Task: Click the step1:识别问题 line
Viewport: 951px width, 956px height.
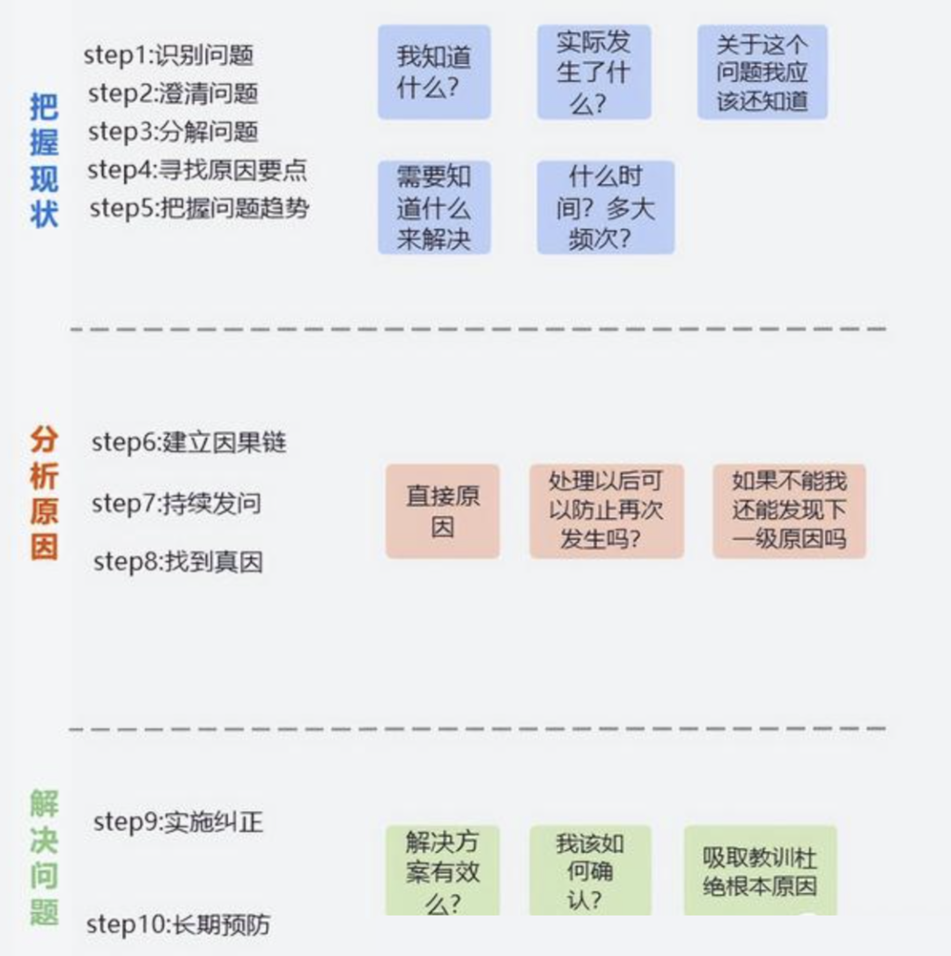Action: pos(169,55)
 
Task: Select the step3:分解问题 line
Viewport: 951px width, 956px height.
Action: pos(173,132)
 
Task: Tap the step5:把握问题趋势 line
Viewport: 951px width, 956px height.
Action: pos(200,209)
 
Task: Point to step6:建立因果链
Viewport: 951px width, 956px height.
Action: pos(189,442)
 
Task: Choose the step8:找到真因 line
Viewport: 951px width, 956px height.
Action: pos(178,562)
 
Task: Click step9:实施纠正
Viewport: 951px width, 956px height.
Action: pos(178,822)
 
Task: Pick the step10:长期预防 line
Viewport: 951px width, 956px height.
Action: pos(178,924)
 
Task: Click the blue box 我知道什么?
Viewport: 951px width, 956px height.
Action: pos(434,72)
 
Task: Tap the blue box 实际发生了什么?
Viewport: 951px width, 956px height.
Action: pos(593,72)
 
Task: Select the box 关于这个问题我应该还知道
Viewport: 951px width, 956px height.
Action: pos(762,72)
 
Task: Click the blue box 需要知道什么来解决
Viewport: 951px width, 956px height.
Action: pos(434,208)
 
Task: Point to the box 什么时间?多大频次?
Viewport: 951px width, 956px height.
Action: pos(606,208)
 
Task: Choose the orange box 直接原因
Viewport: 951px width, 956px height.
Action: pos(442,511)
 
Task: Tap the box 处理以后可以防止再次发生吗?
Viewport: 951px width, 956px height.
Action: pos(606,511)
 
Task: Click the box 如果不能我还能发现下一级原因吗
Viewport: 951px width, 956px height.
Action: pos(789,511)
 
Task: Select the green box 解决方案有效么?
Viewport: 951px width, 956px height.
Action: pos(442,871)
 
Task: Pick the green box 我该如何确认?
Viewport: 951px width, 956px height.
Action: pos(590,871)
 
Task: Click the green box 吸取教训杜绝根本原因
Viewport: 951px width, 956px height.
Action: pos(760,871)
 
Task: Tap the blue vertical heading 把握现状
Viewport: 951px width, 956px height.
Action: pos(44,161)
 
